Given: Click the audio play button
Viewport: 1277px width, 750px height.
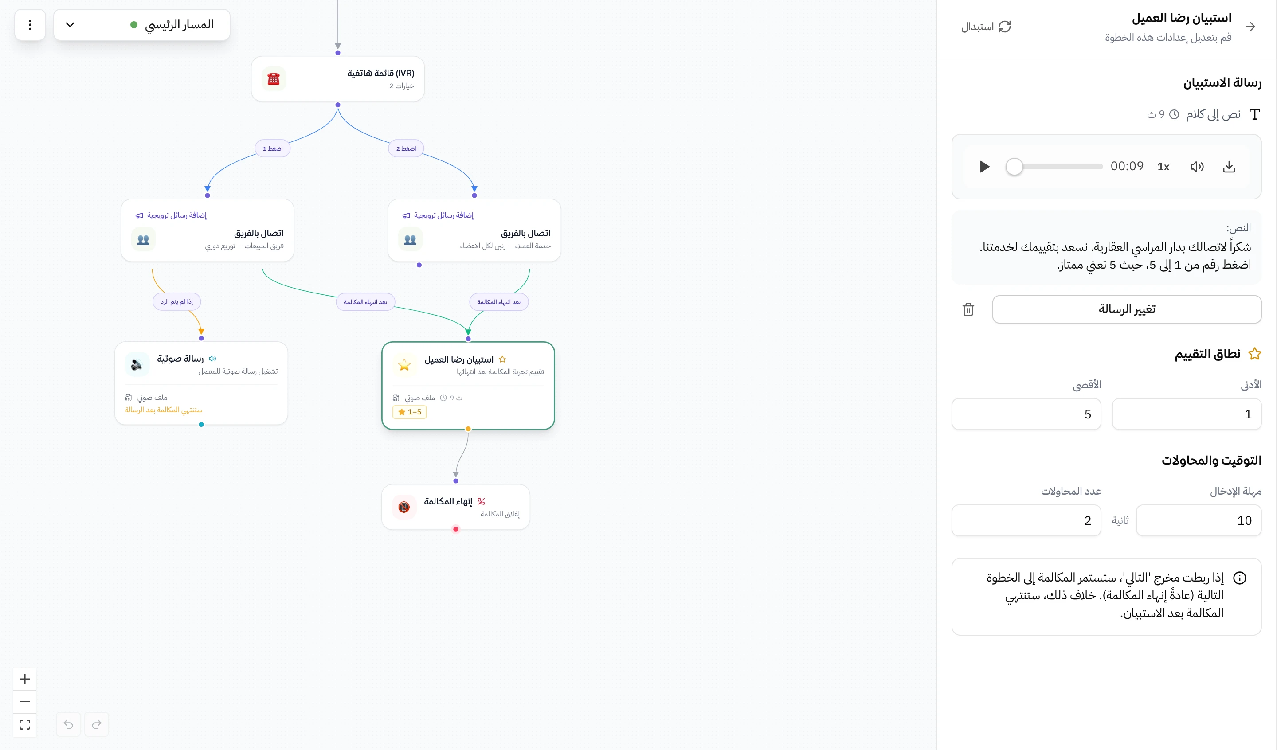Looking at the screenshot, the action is (x=984, y=167).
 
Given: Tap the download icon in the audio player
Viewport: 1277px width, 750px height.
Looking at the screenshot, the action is (x=1229, y=167).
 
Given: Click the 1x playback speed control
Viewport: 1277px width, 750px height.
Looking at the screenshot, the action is (x=1163, y=167).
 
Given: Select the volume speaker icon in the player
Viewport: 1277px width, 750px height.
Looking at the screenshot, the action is (x=1197, y=167).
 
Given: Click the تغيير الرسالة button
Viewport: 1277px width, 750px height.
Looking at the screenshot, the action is (x=1127, y=309).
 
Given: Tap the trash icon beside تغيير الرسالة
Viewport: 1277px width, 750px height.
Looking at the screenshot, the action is (x=968, y=309).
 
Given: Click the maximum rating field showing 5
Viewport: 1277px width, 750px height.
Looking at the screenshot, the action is (x=1026, y=414).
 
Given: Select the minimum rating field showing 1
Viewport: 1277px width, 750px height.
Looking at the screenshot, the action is (x=1186, y=414).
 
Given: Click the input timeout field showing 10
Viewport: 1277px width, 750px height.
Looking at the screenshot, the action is (x=1199, y=520).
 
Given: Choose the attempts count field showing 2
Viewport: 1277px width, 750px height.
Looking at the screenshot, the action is (x=1026, y=520).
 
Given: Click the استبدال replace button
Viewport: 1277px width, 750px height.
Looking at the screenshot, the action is (x=986, y=26).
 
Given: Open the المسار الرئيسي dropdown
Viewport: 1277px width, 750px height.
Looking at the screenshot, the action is (x=141, y=24).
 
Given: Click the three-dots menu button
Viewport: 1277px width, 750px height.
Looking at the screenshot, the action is (x=30, y=24).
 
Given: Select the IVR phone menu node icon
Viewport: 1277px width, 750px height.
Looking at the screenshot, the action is (x=274, y=79).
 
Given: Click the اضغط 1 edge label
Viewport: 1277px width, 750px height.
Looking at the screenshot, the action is (x=273, y=148).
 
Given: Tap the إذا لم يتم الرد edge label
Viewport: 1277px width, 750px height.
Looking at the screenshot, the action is (x=177, y=301).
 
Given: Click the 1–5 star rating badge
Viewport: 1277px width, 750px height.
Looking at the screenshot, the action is (x=409, y=412).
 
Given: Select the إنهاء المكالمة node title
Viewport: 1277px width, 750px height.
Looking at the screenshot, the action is (x=448, y=501).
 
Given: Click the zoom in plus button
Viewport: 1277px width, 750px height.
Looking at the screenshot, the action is (x=25, y=679).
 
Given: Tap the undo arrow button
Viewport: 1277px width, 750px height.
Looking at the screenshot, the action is (x=68, y=724).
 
